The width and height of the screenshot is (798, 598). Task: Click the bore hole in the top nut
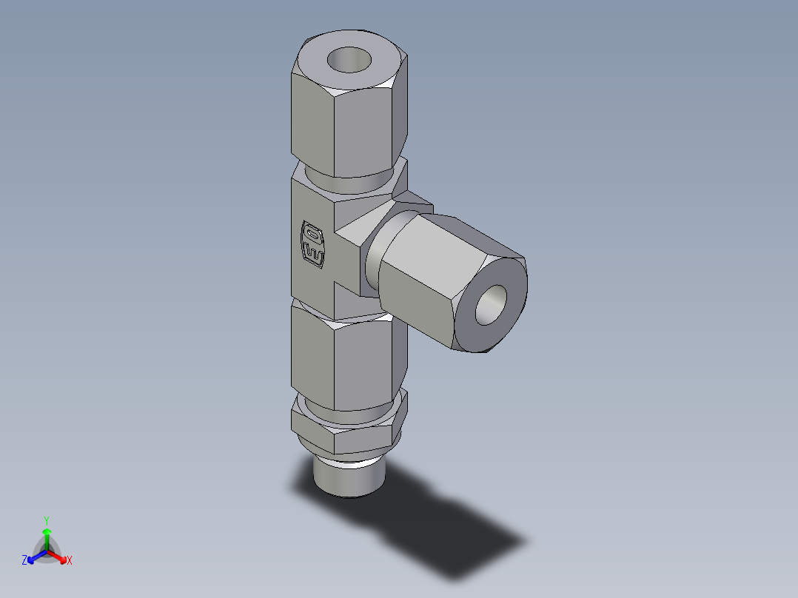pyautogui.click(x=350, y=58)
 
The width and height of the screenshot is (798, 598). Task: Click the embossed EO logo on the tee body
pyautogui.click(x=312, y=242)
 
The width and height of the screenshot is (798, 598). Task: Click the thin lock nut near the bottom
pyautogui.click(x=348, y=433)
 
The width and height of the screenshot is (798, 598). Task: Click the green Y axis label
pyautogui.click(x=47, y=520)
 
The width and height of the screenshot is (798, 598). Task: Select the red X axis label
pyautogui.click(x=70, y=561)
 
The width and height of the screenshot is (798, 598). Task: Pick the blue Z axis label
pyautogui.click(x=24, y=561)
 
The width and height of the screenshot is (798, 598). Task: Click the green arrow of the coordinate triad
pyautogui.click(x=47, y=537)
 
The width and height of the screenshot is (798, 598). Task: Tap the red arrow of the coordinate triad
pyautogui.click(x=59, y=557)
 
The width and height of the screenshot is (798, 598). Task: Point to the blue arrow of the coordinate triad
pyautogui.click(x=34, y=557)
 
